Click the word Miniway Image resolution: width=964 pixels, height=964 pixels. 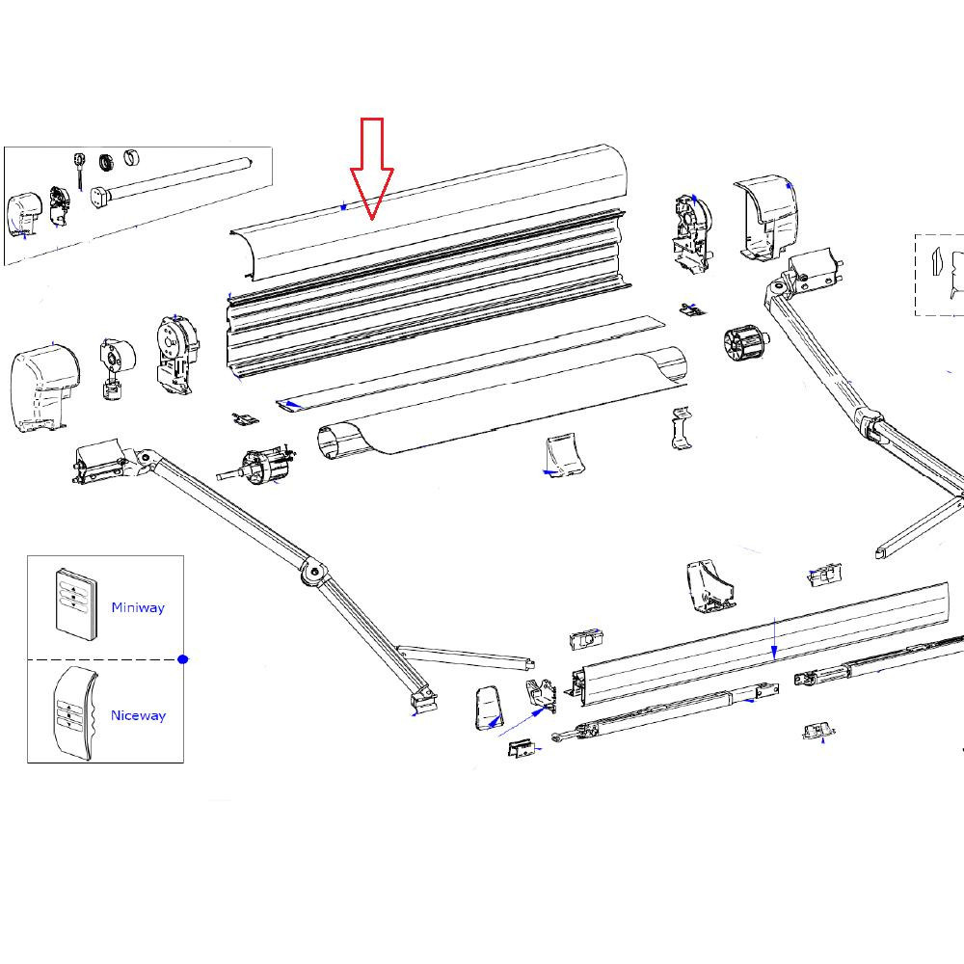pos(138,607)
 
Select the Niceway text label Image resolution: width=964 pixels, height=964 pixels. pos(138,715)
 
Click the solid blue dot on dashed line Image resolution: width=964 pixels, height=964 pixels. pos(183,659)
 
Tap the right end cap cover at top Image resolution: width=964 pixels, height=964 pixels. pos(768,216)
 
